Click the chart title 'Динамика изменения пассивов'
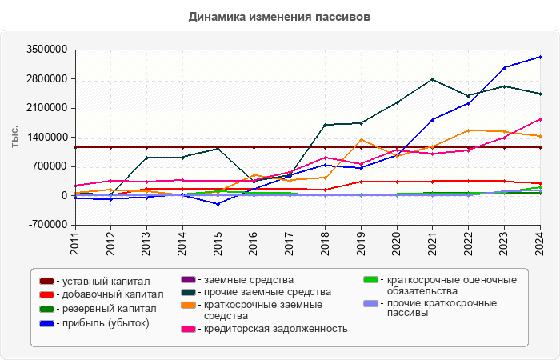click(280, 17)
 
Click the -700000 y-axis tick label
click(47, 225)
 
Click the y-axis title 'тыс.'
click(14, 137)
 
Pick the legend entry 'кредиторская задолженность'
click(275, 329)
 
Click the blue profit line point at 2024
click(540, 57)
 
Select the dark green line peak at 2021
click(433, 79)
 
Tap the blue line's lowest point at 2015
click(218, 204)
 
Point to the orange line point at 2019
click(362, 140)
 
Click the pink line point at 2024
click(540, 119)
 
